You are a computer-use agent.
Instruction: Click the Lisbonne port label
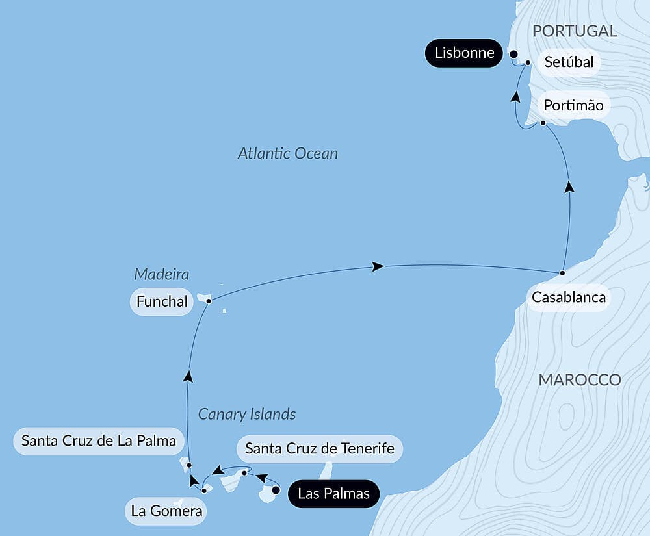pos(464,53)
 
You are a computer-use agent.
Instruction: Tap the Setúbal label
pos(569,63)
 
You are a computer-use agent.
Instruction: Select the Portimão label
pos(573,105)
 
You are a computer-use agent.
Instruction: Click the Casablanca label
pos(569,298)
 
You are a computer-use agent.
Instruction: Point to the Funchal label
pos(162,301)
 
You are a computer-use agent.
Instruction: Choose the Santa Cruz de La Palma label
pos(99,441)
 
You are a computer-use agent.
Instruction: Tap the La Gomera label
pos(166,511)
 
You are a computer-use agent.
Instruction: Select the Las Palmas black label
pos(333,494)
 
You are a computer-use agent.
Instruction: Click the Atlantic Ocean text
pos(287,154)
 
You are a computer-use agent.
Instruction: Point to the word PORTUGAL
pos(575,31)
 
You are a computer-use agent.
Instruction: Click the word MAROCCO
pos(579,380)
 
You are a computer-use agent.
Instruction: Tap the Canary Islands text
pos(247,414)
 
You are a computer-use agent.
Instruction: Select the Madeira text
pos(162,274)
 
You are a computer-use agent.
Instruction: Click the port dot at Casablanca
pos(562,272)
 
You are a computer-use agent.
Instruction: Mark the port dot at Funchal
pos(208,301)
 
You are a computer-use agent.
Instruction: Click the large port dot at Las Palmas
pos(276,491)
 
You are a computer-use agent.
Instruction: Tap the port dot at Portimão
pos(543,122)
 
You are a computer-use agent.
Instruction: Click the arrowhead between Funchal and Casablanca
pos(377,266)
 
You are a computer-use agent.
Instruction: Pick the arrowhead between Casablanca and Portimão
pos(570,186)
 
